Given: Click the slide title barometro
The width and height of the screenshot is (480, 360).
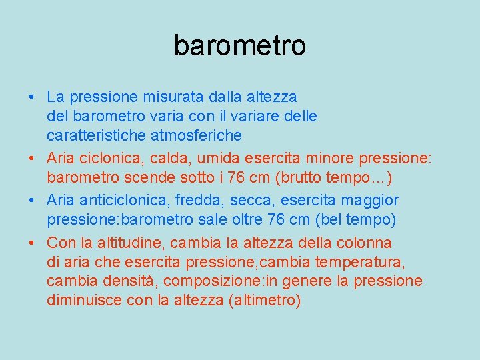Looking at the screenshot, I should tap(240, 45).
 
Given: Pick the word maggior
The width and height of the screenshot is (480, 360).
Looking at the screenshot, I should tap(369, 200).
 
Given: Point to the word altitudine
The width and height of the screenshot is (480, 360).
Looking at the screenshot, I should tap(130, 243).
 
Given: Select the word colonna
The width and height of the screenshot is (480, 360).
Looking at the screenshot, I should tap(366, 243).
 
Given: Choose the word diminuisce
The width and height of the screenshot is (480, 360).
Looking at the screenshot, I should tap(85, 300).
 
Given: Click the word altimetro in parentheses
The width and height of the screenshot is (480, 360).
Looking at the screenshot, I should tap(265, 300).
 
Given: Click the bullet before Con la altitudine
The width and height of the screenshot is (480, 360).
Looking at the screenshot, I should tap(32, 243).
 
